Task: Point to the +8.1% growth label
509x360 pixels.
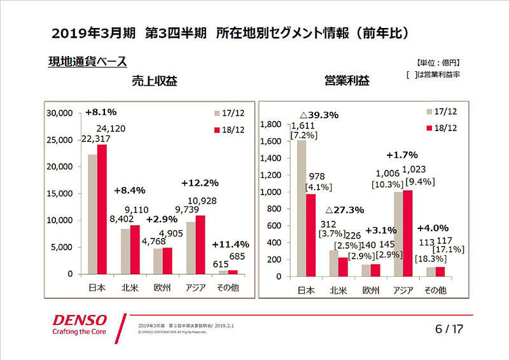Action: [101, 113]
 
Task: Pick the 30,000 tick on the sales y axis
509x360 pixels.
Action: [61, 113]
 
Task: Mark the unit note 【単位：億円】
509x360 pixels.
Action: [438, 63]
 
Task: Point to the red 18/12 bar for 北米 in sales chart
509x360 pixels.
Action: [136, 249]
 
